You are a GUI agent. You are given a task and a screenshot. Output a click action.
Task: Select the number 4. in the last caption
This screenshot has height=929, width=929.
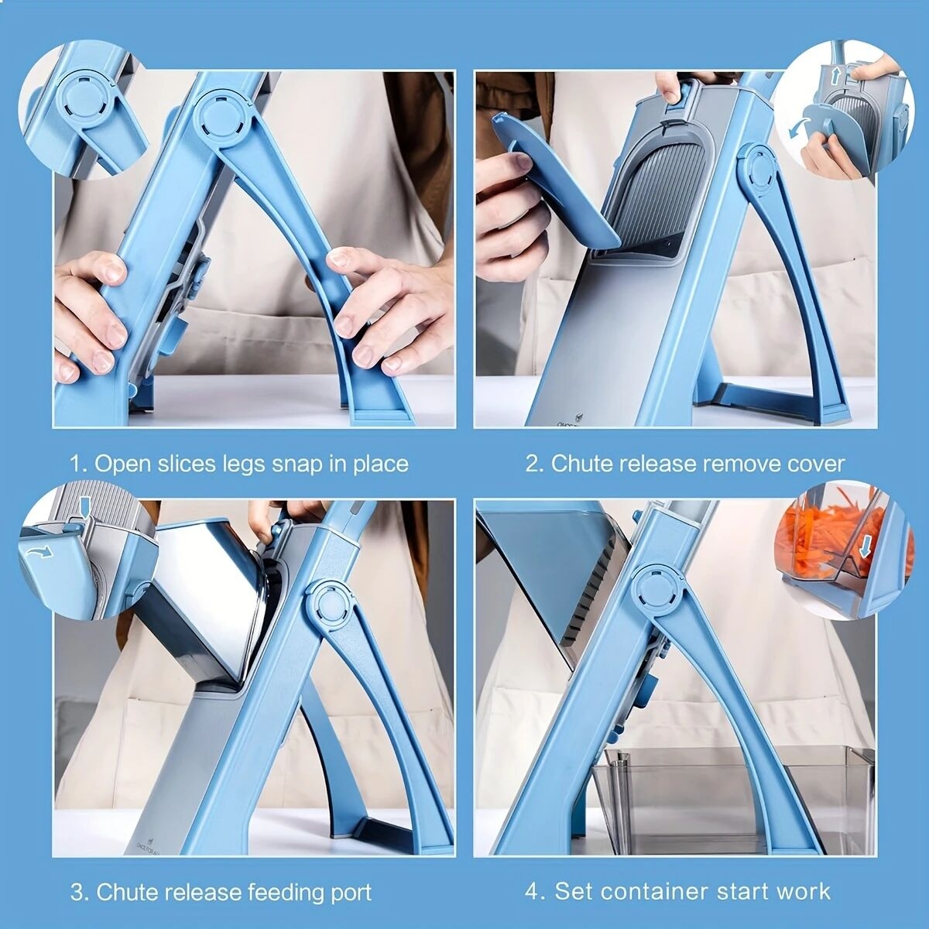click(x=535, y=891)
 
